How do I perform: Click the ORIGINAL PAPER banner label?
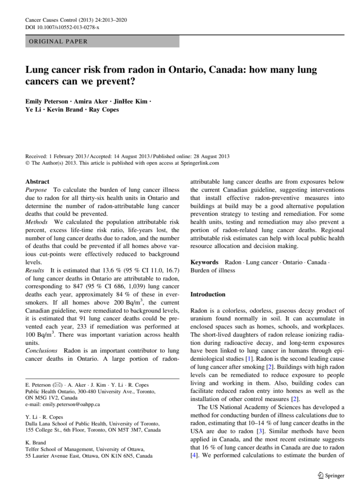tap(58, 41)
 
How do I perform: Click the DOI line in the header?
tap(62, 27)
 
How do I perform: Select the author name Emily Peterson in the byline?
tap(47, 101)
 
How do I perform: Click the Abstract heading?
tap(37, 181)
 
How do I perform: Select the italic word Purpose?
tap(36, 190)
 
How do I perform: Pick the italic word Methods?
tap(37, 222)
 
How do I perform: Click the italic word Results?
tap(35, 270)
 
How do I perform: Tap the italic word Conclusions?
tap(41, 351)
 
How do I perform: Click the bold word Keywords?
tap(204, 262)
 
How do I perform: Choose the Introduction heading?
tap(208, 294)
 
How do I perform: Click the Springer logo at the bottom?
tap(331, 476)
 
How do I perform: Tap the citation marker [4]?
tap(194, 456)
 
